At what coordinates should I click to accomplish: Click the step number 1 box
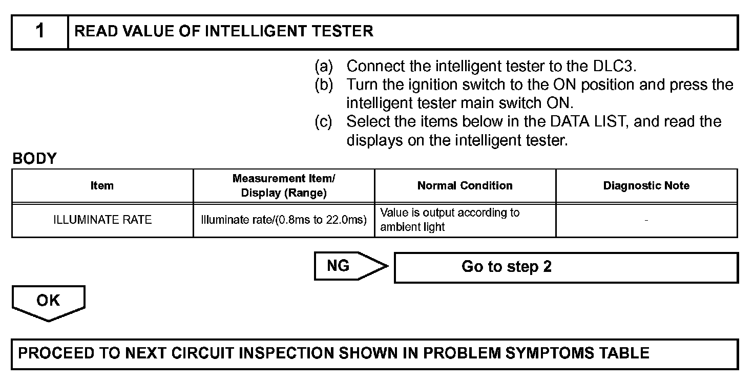(x=40, y=32)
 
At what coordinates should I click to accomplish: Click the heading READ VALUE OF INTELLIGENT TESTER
(x=224, y=32)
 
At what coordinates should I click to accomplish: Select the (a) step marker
(x=323, y=66)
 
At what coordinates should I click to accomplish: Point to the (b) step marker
(x=323, y=84)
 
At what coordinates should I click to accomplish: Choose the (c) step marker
(x=323, y=122)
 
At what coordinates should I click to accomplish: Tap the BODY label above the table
(x=34, y=159)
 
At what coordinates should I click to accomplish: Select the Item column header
(x=102, y=186)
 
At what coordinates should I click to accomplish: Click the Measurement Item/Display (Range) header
(x=284, y=186)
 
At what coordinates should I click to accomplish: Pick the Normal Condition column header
(x=465, y=186)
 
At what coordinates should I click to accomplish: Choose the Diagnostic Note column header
(x=646, y=186)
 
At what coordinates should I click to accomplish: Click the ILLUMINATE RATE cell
(x=102, y=220)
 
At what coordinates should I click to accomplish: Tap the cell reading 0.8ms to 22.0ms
(x=284, y=220)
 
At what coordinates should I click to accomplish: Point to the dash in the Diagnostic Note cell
(x=646, y=220)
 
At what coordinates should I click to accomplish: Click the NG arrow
(x=348, y=266)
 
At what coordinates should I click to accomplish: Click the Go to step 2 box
(x=565, y=267)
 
